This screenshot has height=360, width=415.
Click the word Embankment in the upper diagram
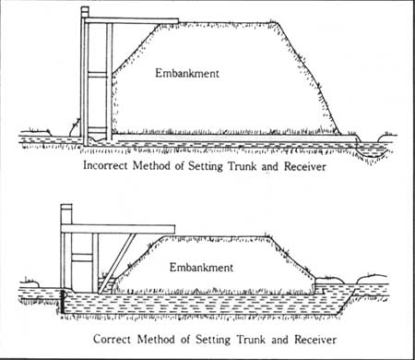coord(187,73)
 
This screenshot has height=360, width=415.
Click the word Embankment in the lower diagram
coord(201,267)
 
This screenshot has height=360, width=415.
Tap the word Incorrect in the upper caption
coord(105,165)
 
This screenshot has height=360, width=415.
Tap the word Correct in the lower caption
coord(112,339)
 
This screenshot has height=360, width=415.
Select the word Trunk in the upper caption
coord(242,166)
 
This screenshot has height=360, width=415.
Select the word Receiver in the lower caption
coord(315,340)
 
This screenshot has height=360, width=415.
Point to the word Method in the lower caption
coord(156,339)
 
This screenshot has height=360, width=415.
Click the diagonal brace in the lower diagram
coord(116,263)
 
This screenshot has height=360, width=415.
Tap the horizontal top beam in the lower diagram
coord(118,229)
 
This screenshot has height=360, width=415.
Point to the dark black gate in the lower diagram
coord(63,302)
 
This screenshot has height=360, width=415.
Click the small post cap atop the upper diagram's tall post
coord(85,12)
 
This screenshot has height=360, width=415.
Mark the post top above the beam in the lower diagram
coord(66,215)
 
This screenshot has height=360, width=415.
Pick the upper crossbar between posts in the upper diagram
coord(98,74)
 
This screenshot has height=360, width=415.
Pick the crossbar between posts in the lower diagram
coord(82,258)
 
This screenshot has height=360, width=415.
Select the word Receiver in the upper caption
coord(305,166)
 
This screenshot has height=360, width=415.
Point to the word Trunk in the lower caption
coord(251,340)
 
